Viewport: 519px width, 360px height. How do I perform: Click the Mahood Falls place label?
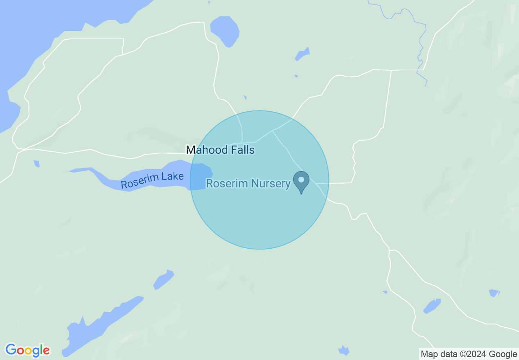pos(220,150)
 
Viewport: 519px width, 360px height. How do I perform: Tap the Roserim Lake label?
pos(152,180)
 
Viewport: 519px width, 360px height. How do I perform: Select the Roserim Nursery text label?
pos(248,183)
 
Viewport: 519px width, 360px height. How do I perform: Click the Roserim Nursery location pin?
pos(301,182)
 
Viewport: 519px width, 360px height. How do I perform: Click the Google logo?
pos(27,350)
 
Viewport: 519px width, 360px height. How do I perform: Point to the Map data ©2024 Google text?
pos(469,354)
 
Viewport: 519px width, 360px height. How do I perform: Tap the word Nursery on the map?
pos(271,183)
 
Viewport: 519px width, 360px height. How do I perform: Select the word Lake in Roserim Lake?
pos(173,177)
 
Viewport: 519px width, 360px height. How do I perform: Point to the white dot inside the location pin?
pos(301,180)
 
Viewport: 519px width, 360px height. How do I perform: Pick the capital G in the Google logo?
pos(11,350)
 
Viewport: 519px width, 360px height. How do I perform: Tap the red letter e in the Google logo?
pos(46,351)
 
